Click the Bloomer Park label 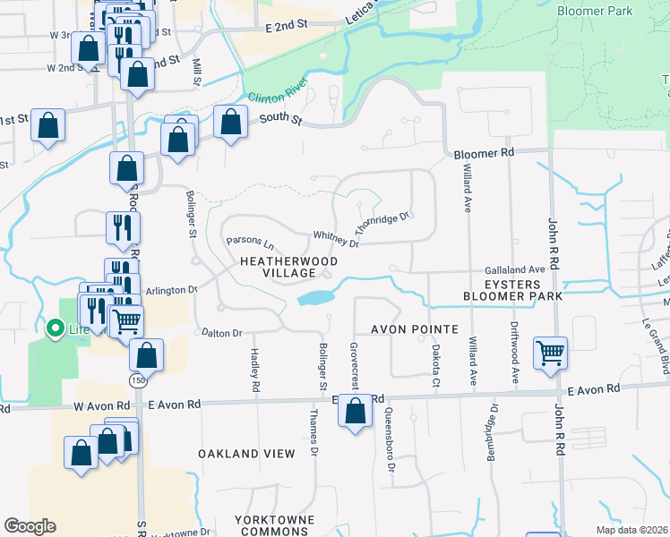[595, 11]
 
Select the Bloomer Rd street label [483, 154]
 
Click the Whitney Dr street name [336, 239]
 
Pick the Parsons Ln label [250, 241]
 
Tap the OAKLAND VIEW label [246, 454]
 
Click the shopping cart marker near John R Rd [550, 352]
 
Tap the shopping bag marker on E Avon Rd [356, 412]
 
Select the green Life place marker [54, 329]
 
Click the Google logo [30, 526]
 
